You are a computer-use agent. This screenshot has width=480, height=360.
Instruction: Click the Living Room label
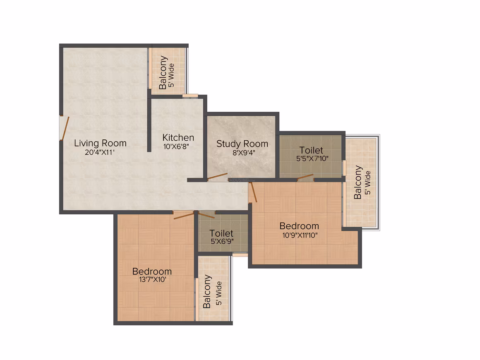(x=100, y=143)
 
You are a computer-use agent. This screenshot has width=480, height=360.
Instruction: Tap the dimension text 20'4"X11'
(x=100, y=152)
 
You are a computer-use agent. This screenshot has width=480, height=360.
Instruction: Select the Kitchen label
(x=178, y=138)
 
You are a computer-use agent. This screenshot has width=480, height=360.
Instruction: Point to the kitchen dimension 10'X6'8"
(x=176, y=146)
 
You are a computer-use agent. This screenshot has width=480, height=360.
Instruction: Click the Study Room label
(x=242, y=144)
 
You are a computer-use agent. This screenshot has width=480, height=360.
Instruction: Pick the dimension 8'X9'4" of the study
(x=244, y=152)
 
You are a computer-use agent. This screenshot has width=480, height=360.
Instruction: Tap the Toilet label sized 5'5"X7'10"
(x=311, y=150)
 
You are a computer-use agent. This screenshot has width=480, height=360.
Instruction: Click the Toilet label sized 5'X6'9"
(x=221, y=233)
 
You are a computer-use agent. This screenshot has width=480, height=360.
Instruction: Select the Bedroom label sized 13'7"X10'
(x=152, y=271)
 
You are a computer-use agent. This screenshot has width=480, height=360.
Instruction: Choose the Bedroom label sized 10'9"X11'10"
(x=299, y=226)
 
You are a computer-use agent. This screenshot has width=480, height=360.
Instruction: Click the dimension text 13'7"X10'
(x=152, y=279)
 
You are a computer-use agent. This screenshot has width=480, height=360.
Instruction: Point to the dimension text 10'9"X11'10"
(x=300, y=235)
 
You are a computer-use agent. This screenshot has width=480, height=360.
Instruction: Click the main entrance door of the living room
(x=64, y=128)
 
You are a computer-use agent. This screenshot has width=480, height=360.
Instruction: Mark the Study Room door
(x=217, y=176)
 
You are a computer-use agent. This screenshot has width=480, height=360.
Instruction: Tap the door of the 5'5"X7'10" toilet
(x=305, y=177)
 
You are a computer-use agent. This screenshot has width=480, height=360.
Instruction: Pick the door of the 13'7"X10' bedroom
(x=184, y=215)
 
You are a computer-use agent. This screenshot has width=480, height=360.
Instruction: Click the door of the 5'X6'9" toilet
(x=206, y=215)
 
